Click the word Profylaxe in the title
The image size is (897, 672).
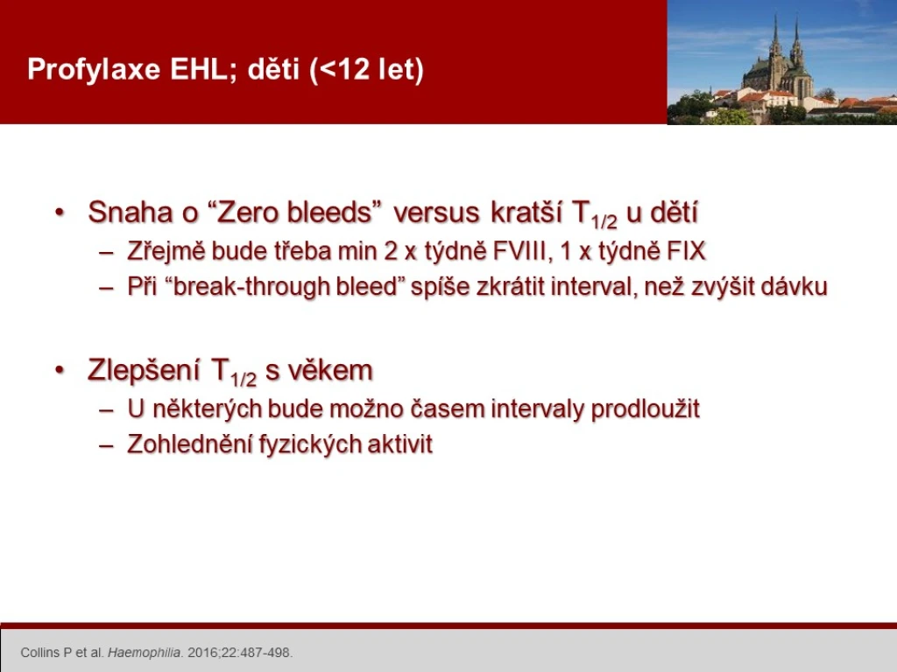[x=94, y=70]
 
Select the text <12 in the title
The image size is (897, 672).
[x=345, y=68]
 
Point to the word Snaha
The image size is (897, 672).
[x=130, y=213]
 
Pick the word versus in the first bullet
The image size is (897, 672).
[x=436, y=213]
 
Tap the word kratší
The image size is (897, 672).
[x=526, y=212]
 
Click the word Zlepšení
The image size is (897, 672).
[x=144, y=371]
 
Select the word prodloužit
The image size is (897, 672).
[x=646, y=409]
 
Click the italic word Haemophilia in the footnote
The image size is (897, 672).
[x=145, y=653]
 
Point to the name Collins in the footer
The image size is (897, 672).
[x=40, y=653]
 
